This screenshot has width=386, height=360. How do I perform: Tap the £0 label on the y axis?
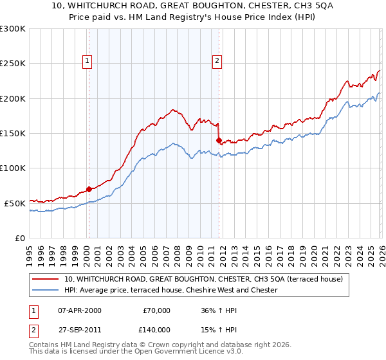click(x=19, y=238)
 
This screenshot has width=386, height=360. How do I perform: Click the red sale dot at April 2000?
click(x=89, y=189)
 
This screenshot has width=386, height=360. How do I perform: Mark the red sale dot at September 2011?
click(x=219, y=140)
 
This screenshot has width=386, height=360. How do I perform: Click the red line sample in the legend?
click(x=46, y=279)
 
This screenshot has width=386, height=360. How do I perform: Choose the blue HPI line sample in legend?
click(x=46, y=290)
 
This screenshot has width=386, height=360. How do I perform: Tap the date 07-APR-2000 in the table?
click(x=79, y=310)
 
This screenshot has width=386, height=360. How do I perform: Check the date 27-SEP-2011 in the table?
click(x=79, y=329)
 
